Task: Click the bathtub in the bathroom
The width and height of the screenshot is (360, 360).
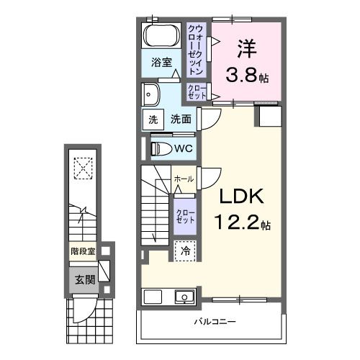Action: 161,36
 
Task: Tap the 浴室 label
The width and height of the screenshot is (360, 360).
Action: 161,63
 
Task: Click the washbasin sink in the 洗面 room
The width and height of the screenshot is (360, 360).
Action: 151,94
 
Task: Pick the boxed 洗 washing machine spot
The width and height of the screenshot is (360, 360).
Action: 153,120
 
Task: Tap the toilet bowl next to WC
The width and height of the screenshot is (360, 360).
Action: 161,148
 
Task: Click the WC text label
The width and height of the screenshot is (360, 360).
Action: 182,148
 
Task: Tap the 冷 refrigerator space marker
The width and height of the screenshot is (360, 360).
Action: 184,252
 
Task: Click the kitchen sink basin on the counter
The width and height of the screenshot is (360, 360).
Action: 183,297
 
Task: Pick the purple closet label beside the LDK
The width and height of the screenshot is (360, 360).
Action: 184,214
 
